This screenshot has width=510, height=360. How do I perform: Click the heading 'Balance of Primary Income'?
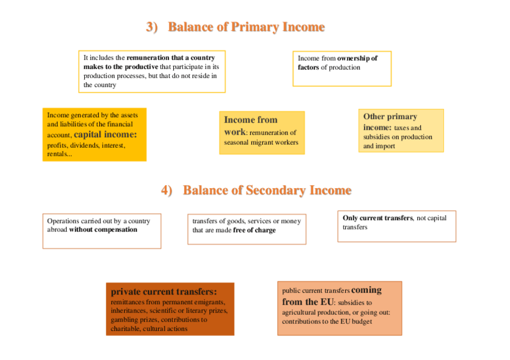[x=246, y=27]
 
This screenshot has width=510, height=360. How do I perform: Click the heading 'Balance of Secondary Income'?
[x=267, y=191]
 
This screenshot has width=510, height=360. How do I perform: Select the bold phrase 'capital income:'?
[x=105, y=135]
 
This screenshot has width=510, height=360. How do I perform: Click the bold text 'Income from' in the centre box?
[x=251, y=120]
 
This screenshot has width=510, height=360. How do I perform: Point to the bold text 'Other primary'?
[x=390, y=117]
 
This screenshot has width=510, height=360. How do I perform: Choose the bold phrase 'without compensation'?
[x=103, y=229]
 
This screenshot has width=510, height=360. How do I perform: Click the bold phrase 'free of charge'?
[x=254, y=230]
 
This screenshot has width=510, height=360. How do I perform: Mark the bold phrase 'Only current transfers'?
[x=378, y=218]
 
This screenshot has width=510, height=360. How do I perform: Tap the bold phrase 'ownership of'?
[x=357, y=58]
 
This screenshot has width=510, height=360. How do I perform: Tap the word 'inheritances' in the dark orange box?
[x=128, y=311]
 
